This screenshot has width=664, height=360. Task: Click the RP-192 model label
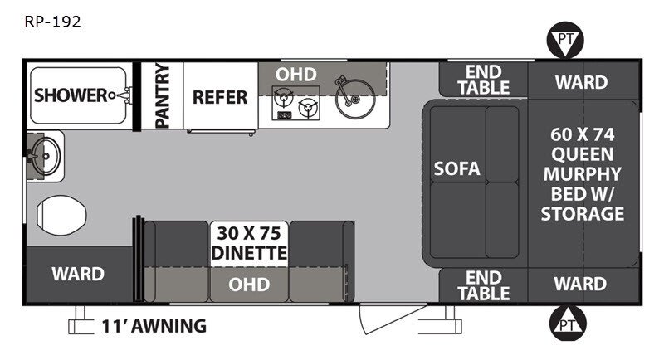[52, 22]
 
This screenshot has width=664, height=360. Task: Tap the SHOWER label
[71, 95]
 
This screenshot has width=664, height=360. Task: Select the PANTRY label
[163, 95]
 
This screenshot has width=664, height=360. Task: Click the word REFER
[220, 97]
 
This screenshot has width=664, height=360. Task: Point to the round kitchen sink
[355, 98]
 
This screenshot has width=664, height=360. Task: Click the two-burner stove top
[295, 103]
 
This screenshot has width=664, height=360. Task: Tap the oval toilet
[61, 216]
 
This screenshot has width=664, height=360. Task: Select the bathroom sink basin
[46, 156]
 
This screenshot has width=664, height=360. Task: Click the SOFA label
[457, 168]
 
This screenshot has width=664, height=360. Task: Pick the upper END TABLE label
[484, 80]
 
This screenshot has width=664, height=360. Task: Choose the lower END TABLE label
[484, 285]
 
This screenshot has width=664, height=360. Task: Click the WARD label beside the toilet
[78, 274]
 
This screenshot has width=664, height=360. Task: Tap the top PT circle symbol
[565, 40]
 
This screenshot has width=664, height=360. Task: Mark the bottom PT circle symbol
[568, 324]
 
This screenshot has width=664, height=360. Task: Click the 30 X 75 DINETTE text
[249, 243]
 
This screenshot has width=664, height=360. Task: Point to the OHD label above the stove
[296, 75]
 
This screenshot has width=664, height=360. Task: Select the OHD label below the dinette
[249, 285]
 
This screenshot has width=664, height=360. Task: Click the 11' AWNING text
[154, 326]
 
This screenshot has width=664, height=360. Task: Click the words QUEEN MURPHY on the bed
[583, 164]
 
